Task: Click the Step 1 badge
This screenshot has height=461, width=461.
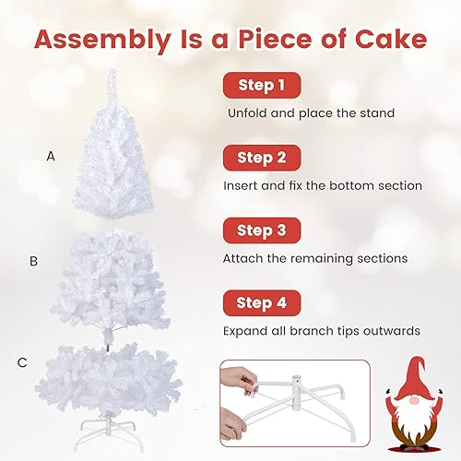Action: [261, 86]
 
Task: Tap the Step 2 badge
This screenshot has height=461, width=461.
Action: [261, 158]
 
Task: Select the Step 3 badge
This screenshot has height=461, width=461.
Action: [261, 230]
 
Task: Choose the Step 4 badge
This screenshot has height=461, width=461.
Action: [261, 301]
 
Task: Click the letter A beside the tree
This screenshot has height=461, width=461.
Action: [51, 157]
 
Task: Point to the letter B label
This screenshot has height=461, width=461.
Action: [33, 261]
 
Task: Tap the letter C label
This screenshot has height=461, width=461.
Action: [22, 362]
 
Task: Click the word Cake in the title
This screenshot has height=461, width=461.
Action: [382, 40]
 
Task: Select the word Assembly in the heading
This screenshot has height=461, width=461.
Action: [98, 40]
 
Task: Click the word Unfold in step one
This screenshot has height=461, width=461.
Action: [247, 113]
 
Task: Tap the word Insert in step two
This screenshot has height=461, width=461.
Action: [242, 185]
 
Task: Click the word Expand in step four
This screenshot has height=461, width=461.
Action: [245, 330]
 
